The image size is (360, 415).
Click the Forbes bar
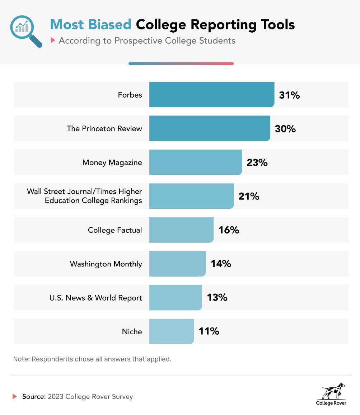click(212, 95)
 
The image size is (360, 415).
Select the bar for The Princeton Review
click(210, 128)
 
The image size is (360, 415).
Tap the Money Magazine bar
click(196, 162)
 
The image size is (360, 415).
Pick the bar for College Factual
click(181, 230)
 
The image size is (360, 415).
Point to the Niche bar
click(171, 331)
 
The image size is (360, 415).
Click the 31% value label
click(289, 95)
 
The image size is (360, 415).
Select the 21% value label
click(249, 196)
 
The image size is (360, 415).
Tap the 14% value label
click(221, 264)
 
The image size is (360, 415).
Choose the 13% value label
click(217, 298)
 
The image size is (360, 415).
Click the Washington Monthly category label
click(106, 264)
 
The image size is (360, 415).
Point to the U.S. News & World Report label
click(95, 298)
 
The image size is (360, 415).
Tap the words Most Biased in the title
click(91, 24)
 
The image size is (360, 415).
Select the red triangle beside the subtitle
click(53, 41)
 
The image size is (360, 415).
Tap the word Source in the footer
click(34, 397)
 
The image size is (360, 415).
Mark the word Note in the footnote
click(21, 359)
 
